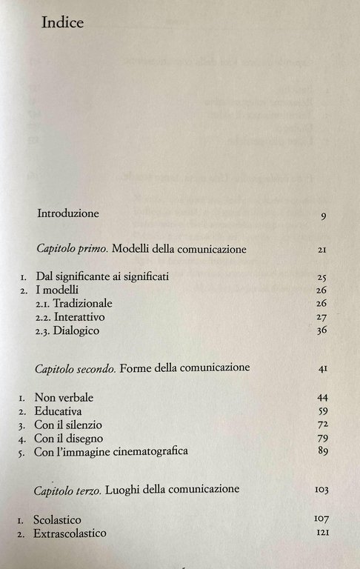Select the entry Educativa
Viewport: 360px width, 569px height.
58,410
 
